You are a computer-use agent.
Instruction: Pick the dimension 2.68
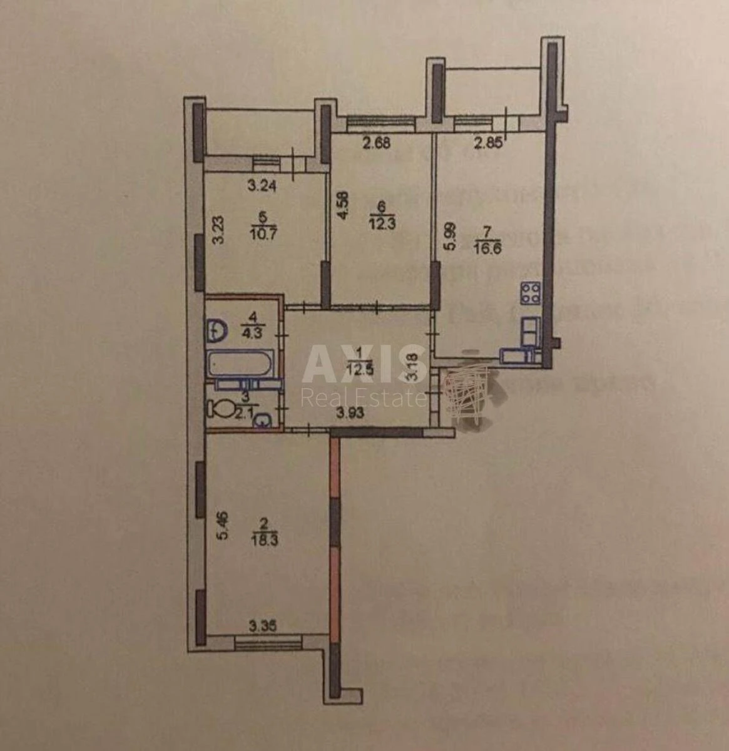(x=377, y=143)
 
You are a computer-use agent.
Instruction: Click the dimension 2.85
(x=487, y=143)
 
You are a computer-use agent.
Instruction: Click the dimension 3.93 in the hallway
(x=349, y=412)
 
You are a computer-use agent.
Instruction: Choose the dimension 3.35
(x=263, y=625)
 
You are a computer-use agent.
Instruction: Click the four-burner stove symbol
(x=531, y=293)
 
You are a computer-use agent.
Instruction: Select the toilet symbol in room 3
(x=222, y=410)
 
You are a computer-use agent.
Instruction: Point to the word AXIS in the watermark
(x=357, y=364)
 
